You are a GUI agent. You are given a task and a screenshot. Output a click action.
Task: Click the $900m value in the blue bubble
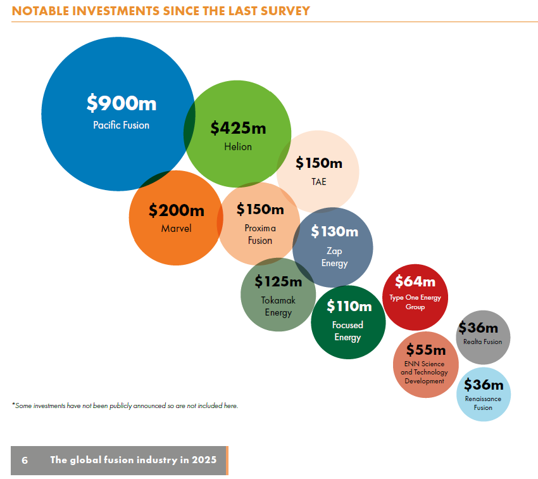(x=121, y=103)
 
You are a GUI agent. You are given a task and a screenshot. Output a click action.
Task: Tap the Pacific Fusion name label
(x=121, y=125)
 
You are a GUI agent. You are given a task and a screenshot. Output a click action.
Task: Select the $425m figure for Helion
(x=238, y=128)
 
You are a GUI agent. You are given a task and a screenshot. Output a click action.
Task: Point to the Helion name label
(x=238, y=147)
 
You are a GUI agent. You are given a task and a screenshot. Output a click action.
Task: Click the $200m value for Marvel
(x=176, y=210)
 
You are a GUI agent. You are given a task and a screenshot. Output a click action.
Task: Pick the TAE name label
(x=318, y=182)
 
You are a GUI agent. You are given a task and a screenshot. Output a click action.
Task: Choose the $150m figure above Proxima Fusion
(x=260, y=209)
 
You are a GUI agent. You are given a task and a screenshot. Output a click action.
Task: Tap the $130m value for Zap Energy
(x=334, y=232)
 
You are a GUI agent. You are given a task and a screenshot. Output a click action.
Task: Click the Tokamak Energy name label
(x=278, y=306)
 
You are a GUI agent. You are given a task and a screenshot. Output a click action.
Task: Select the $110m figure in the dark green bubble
(x=349, y=307)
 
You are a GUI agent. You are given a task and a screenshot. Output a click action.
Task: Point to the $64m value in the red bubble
(x=415, y=281)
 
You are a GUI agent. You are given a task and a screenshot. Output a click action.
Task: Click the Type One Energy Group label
(x=415, y=302)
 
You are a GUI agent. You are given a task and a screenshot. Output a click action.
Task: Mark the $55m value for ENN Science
(x=425, y=350)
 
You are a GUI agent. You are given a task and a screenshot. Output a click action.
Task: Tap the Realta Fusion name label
(x=482, y=342)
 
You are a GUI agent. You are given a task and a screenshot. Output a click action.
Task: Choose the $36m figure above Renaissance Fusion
(x=484, y=385)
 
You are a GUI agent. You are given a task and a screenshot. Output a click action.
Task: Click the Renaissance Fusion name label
(x=483, y=403)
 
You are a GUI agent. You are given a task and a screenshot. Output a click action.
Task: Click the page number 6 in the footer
(x=25, y=460)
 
